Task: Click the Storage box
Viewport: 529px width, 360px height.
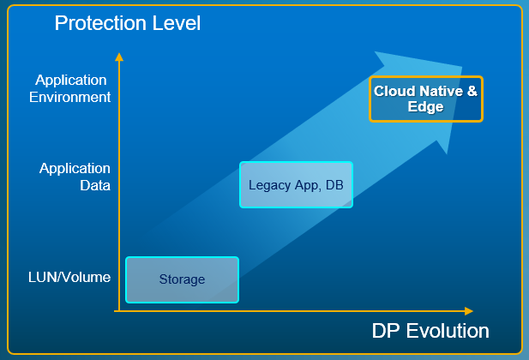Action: click(182, 279)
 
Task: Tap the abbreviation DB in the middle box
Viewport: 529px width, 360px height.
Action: click(333, 185)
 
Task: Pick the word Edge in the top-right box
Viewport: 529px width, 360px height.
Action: click(425, 107)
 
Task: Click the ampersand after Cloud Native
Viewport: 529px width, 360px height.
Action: click(472, 91)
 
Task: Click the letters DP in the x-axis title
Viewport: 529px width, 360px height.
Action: click(388, 331)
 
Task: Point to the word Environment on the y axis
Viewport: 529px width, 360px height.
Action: click(74, 97)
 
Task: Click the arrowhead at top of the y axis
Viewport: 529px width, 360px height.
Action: click(119, 57)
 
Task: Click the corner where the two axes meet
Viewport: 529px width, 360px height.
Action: click(119, 310)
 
